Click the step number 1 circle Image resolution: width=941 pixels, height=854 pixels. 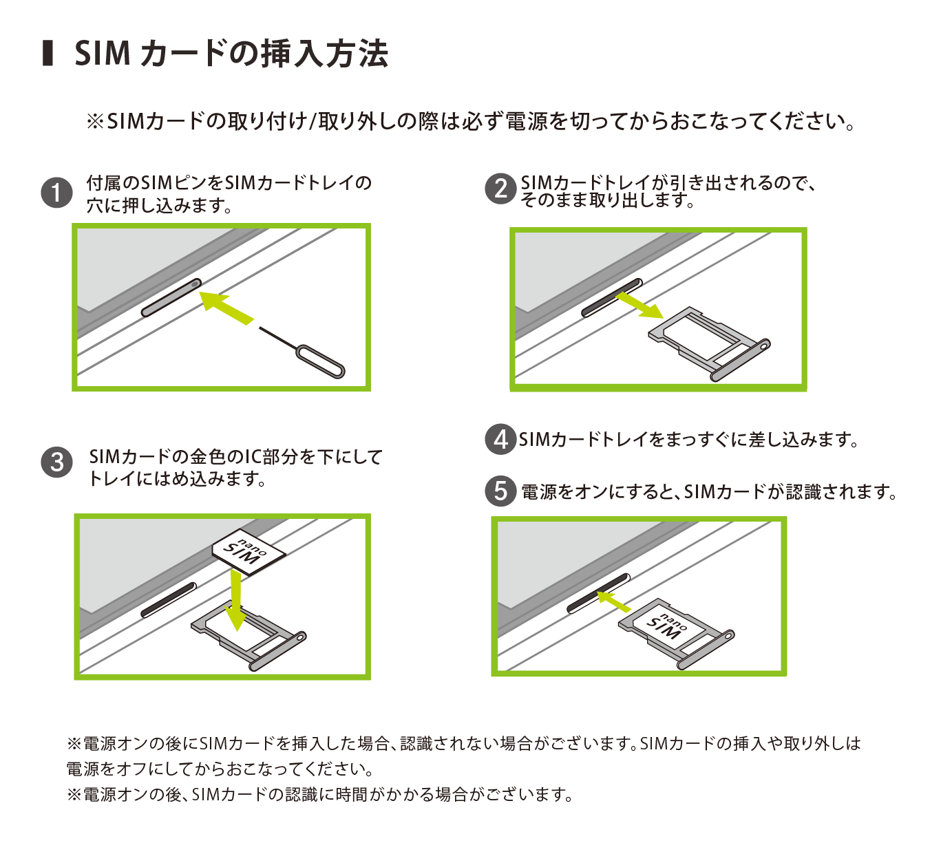click(x=56, y=193)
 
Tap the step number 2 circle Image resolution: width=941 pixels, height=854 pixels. click(x=500, y=189)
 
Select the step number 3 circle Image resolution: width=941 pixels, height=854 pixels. click(x=56, y=462)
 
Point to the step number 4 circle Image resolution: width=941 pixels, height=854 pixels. click(x=500, y=440)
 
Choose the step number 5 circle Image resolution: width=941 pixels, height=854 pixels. click(x=500, y=491)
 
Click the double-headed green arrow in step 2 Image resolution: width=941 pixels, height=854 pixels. click(x=639, y=306)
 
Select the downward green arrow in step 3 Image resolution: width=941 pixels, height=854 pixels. click(x=235, y=601)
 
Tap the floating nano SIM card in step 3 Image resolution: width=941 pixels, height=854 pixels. click(x=249, y=553)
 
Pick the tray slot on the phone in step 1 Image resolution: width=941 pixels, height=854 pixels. click(x=171, y=298)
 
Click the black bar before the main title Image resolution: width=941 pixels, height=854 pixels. click(x=47, y=54)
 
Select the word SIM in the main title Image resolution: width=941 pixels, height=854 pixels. click(x=103, y=54)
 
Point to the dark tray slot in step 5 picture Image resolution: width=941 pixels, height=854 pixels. click(x=598, y=593)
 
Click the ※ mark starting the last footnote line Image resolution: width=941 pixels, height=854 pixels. click(x=74, y=794)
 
